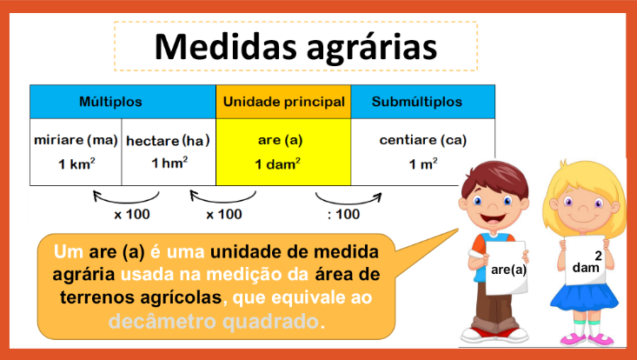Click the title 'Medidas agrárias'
295,46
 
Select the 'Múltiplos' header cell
123,102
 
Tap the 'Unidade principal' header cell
283,102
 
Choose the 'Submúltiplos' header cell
416,102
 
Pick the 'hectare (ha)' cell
169,151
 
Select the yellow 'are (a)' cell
283,151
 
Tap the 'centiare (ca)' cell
422,151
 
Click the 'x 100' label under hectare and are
224,214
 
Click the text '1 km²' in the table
76,163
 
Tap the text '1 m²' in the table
422,163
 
